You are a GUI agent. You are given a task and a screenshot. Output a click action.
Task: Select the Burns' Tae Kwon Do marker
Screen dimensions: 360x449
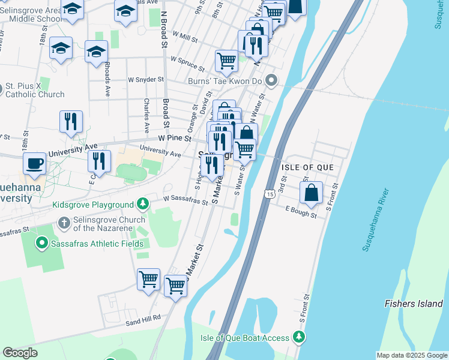pyautogui.click(x=271, y=80)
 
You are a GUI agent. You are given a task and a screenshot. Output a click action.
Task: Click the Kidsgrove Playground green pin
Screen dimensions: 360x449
pyautogui.click(x=142, y=205)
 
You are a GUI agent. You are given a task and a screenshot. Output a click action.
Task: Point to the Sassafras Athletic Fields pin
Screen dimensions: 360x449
pyautogui.click(x=41, y=244)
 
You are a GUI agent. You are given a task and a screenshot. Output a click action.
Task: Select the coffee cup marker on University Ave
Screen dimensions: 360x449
pyautogui.click(x=35, y=164)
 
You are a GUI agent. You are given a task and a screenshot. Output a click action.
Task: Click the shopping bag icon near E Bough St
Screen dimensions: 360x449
pyautogui.click(x=311, y=193)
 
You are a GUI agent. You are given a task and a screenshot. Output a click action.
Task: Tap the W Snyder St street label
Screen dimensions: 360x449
pyautogui.click(x=145, y=79)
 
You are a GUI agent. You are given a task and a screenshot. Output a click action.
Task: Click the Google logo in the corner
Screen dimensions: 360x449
pyautogui.click(x=20, y=353)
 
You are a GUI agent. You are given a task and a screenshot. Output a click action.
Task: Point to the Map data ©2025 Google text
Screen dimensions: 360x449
pyautogui.click(x=412, y=355)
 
